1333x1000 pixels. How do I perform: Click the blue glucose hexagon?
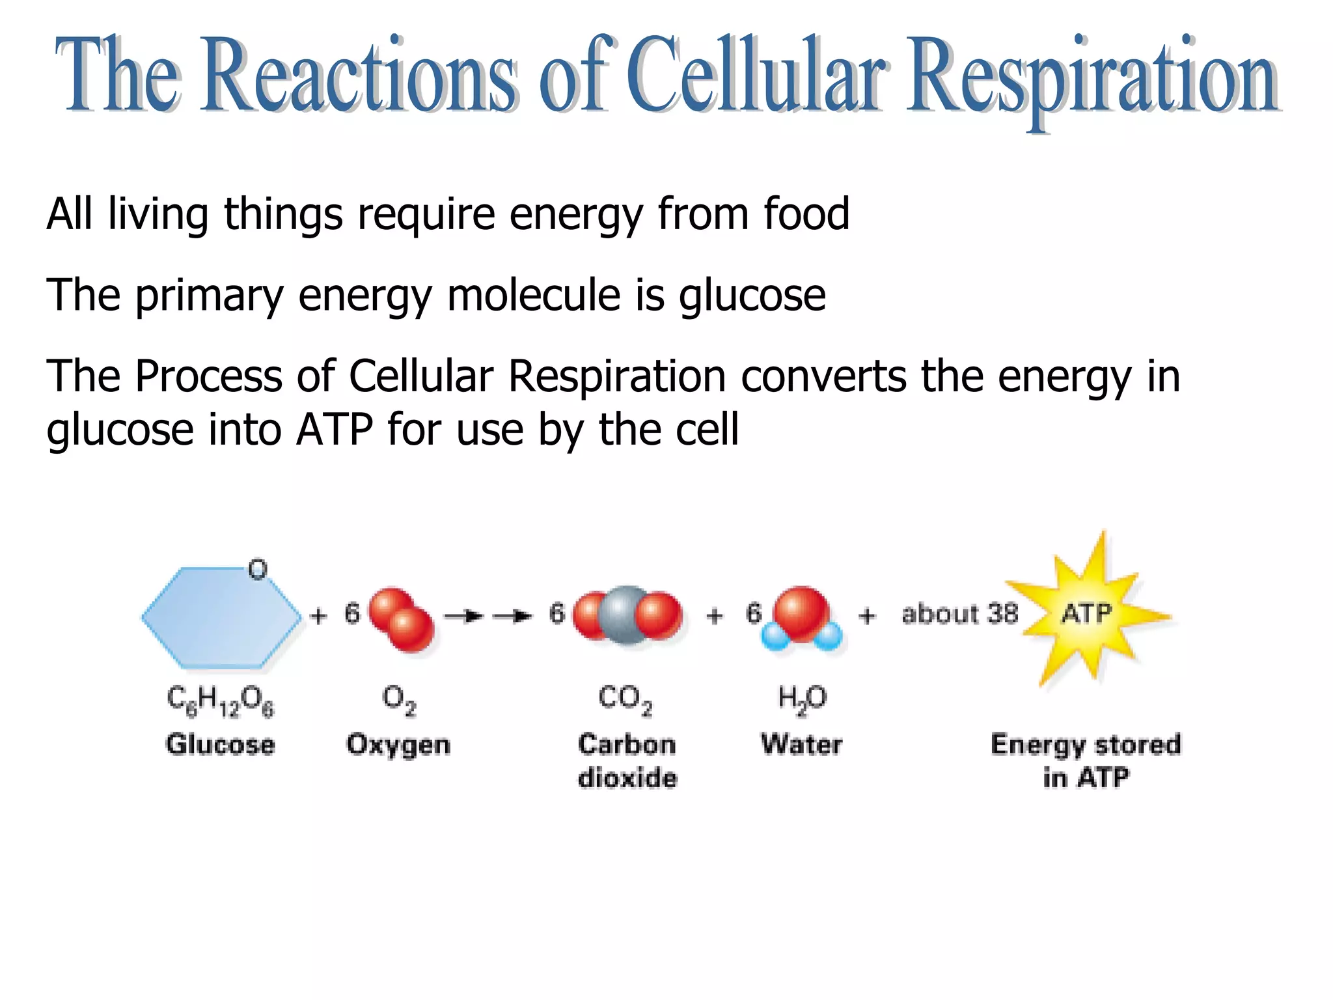(x=221, y=618)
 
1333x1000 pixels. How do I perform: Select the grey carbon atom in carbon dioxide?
(x=624, y=615)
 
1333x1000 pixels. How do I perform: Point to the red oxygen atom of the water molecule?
(x=802, y=612)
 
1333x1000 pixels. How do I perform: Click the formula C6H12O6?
(x=221, y=701)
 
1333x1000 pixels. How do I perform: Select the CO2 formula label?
(x=625, y=700)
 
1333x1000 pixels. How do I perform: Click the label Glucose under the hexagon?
(x=221, y=744)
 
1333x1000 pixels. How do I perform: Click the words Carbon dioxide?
(x=627, y=760)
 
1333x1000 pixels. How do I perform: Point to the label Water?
(x=802, y=744)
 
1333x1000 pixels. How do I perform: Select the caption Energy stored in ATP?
(x=1086, y=760)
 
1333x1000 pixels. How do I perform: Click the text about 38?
(x=959, y=614)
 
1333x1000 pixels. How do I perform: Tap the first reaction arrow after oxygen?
(x=463, y=616)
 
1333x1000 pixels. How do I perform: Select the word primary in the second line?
(x=210, y=297)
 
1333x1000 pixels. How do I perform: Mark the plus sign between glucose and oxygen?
(x=318, y=616)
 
